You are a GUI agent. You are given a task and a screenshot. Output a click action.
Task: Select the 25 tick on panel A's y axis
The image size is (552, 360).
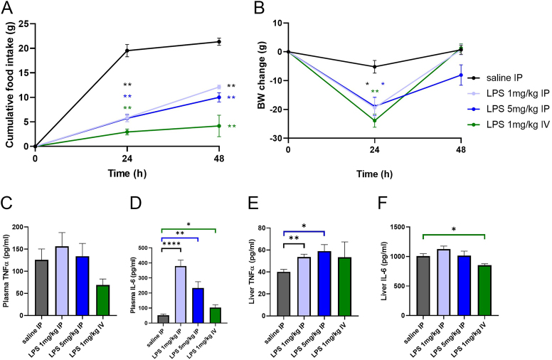[26, 23]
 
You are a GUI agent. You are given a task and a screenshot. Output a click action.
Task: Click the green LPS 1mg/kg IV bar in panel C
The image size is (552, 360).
[107, 302]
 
